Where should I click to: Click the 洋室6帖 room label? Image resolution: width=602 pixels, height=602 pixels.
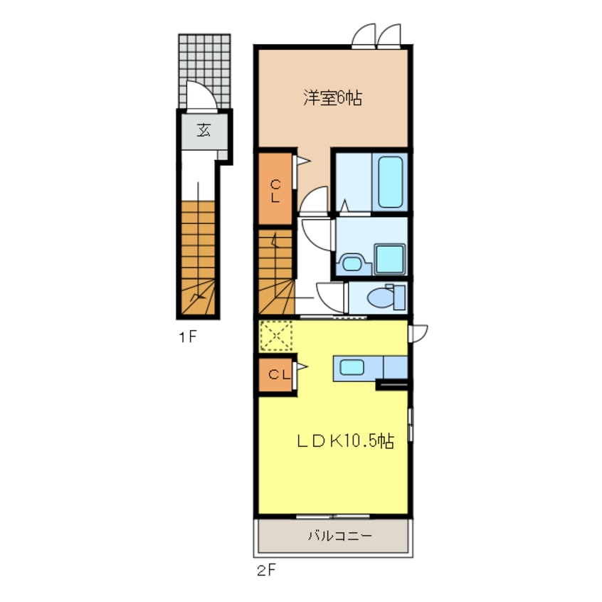332,97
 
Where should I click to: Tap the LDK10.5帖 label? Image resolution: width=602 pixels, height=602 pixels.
346,441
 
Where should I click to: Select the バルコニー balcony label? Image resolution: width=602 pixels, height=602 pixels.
340,535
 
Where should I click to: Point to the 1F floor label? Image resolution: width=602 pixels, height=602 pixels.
188,337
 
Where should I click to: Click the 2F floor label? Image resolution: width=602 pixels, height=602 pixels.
266,571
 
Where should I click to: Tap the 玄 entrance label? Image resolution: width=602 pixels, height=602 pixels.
204,130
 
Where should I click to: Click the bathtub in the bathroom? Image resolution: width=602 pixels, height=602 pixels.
390,181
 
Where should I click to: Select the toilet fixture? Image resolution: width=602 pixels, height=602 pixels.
386,297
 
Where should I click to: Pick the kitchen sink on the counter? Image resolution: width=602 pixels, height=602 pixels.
352,367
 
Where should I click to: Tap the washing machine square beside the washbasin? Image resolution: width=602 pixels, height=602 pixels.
390,259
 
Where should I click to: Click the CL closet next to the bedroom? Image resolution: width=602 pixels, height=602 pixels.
275,188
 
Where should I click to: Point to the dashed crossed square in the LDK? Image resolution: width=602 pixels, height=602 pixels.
276,336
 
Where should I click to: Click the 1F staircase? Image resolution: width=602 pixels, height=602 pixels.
198,258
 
